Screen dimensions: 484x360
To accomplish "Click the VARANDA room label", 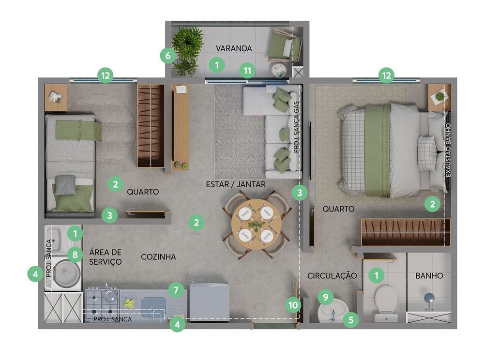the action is pyautogui.click(x=234, y=48).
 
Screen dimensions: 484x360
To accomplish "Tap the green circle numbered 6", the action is pyautogui.click(x=168, y=56).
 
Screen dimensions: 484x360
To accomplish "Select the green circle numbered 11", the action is pyautogui.click(x=247, y=71).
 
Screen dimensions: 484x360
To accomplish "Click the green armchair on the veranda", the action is pyautogui.click(x=284, y=45).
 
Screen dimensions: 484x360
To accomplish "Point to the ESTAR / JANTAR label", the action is pyautogui.click(x=236, y=184).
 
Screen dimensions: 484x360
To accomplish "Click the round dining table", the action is pyautogui.click(x=256, y=224).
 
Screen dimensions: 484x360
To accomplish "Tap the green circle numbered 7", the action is pyautogui.click(x=176, y=290).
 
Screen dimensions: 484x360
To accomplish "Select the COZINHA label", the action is pyautogui.click(x=158, y=256).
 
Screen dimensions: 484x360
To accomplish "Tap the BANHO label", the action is pyautogui.click(x=429, y=275).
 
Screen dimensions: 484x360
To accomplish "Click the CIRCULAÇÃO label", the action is pyautogui.click(x=332, y=275).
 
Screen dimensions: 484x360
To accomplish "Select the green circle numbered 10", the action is pyautogui.click(x=293, y=305).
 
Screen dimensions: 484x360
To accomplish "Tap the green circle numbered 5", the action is pyautogui.click(x=350, y=320).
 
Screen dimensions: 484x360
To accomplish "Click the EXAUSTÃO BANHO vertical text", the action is pyautogui.click(x=449, y=150).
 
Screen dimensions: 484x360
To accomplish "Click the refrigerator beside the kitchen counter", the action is pyautogui.click(x=209, y=302).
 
